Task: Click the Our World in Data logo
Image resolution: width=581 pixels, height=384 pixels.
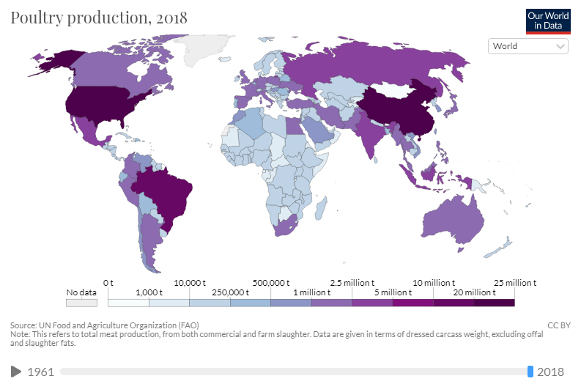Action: (548, 21)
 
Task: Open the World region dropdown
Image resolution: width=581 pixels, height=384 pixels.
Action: (528, 46)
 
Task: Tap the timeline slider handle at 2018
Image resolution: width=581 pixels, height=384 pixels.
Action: (530, 372)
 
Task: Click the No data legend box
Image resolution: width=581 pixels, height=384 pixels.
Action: (81, 301)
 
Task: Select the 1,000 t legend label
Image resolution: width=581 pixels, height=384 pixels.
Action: (149, 292)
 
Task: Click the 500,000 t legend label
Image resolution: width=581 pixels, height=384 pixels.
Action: (270, 283)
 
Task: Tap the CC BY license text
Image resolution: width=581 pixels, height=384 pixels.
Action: (559, 325)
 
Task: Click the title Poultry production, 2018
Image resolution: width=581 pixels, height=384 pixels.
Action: (99, 18)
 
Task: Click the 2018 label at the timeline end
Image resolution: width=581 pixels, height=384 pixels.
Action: (550, 372)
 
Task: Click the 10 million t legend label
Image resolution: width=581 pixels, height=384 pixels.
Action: (433, 283)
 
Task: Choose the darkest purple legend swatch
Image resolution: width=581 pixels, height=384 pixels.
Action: (494, 301)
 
